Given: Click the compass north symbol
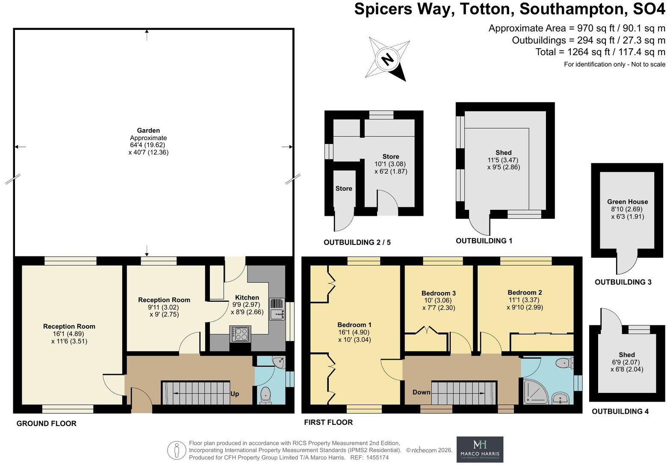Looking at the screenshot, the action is click(387, 59).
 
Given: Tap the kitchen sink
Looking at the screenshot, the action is click(277, 309).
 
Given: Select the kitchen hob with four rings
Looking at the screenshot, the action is click(240, 334).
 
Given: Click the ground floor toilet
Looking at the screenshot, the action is click(266, 395).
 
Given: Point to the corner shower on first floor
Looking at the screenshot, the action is click(536, 392).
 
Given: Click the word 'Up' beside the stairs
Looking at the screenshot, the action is click(235, 394).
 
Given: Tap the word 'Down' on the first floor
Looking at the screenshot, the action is click(421, 392).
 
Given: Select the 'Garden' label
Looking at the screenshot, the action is click(148, 130).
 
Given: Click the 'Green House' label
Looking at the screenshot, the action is click(627, 202).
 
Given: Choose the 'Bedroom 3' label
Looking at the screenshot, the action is click(439, 293).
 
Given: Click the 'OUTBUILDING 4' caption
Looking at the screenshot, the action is click(620, 412).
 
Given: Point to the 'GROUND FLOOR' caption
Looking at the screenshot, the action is click(47, 424).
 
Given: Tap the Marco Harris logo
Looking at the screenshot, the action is click(480, 449).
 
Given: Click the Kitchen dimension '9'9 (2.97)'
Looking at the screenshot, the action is click(246, 305).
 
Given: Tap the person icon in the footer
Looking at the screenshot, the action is click(177, 450).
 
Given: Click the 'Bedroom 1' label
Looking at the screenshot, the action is click(354, 325).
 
